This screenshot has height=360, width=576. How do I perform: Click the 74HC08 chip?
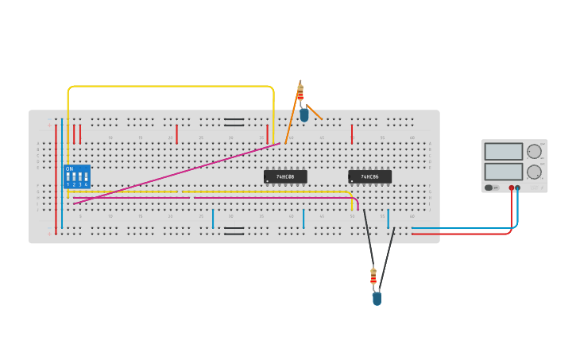click(x=285, y=176)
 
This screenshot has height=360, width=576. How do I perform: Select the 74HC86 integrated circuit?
click(x=369, y=176)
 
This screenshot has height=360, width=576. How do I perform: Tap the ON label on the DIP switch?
click(x=69, y=168)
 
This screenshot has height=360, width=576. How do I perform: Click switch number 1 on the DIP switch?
click(x=68, y=178)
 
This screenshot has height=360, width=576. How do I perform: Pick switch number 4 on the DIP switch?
click(x=86, y=178)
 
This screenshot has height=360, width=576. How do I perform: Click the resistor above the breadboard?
click(x=300, y=92)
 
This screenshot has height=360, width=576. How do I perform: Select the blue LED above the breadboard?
click(x=304, y=114)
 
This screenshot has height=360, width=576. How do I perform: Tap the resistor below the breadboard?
click(x=373, y=277)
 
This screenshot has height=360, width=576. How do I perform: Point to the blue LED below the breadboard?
click(x=377, y=298)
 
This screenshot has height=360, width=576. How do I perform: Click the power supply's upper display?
click(x=504, y=151)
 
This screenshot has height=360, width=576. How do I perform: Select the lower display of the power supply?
click(x=504, y=171)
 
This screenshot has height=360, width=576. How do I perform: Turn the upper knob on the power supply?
click(x=534, y=151)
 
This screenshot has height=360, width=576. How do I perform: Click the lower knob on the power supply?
click(x=534, y=172)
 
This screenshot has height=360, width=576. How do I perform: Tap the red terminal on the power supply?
click(x=512, y=188)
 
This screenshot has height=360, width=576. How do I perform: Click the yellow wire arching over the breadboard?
click(x=171, y=86)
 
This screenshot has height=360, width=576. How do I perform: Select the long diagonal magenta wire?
click(x=175, y=174)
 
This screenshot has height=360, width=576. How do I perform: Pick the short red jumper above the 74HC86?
click(x=352, y=134)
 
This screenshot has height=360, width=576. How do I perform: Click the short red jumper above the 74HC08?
click(x=267, y=134)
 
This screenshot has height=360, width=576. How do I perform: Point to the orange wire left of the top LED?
click(x=292, y=119)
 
